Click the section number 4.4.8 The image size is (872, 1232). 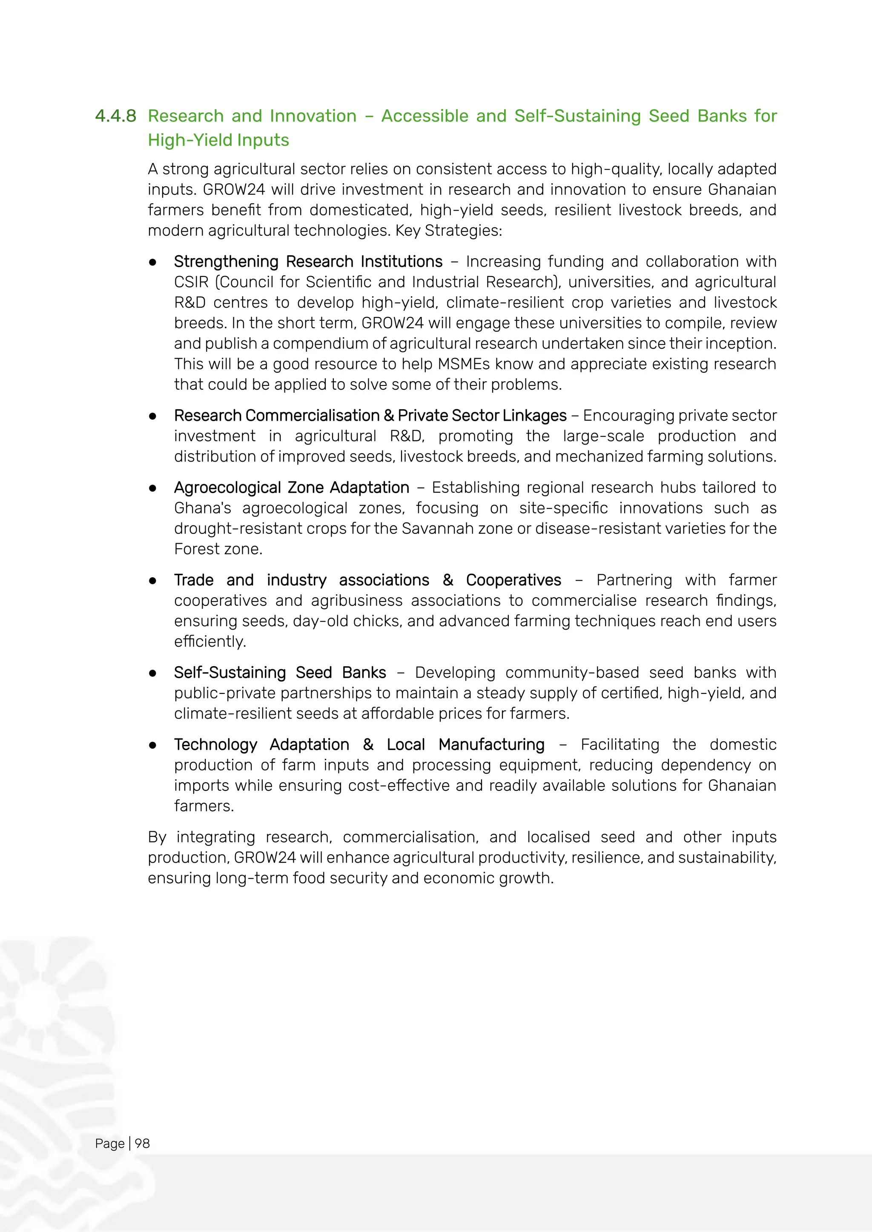115,116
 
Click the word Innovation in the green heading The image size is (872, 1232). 313,116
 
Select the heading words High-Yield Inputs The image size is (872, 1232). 218,140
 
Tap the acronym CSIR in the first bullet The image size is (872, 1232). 191,282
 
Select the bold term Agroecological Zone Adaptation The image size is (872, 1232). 292,488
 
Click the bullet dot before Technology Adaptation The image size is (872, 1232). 153,745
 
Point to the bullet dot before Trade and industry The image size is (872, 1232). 153,581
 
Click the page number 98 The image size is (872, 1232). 142,1144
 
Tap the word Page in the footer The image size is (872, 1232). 109,1144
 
